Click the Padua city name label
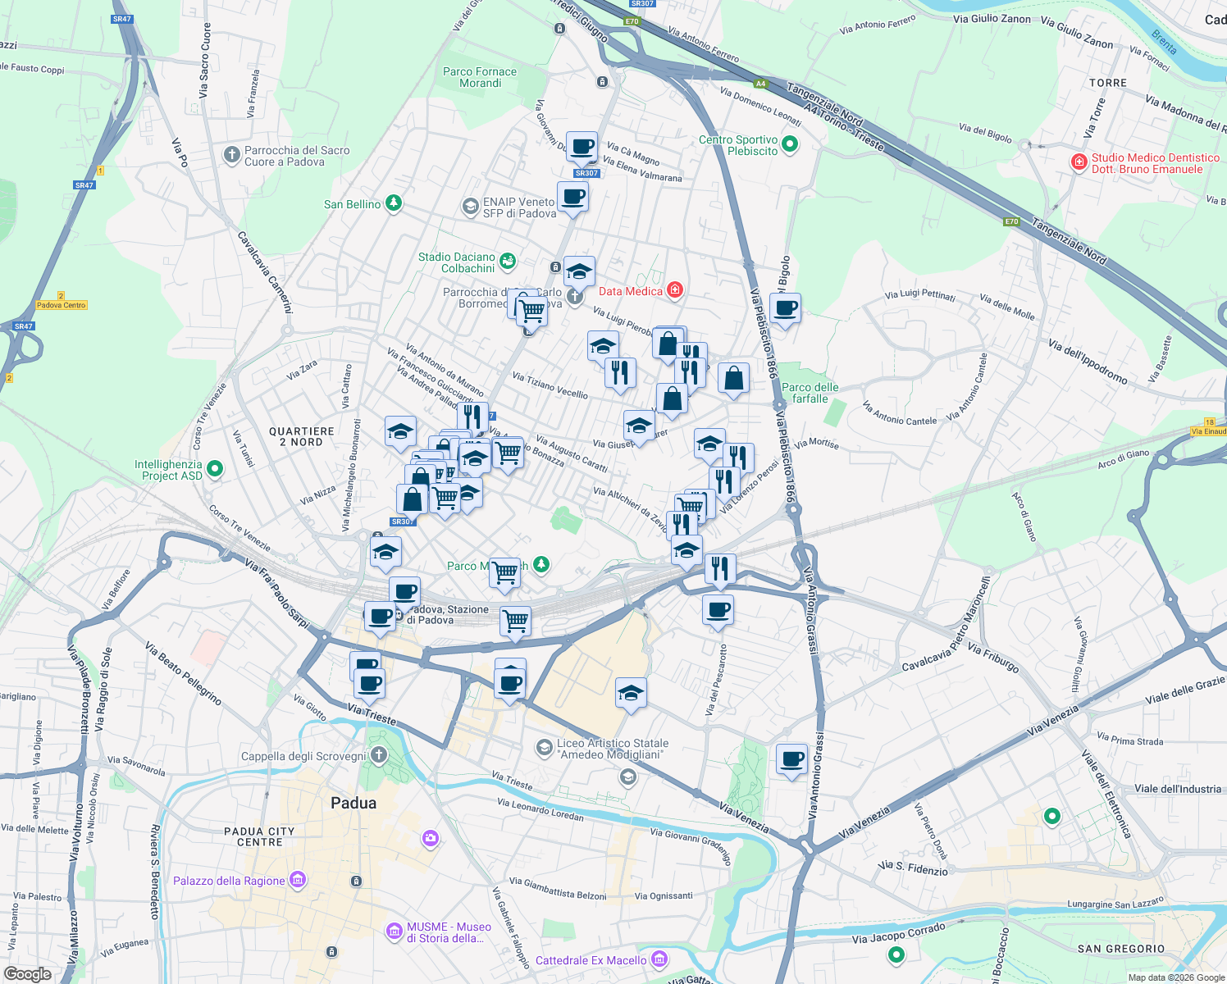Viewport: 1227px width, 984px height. click(354, 803)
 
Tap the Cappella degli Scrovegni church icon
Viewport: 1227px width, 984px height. click(378, 755)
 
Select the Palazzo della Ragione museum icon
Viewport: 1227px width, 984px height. click(298, 881)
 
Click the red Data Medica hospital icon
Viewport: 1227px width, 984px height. click(675, 290)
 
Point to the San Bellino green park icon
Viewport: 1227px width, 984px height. click(394, 203)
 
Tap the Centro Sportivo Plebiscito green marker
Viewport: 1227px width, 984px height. click(790, 145)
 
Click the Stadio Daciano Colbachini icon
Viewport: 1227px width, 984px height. click(508, 262)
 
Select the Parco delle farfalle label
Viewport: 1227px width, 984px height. click(810, 393)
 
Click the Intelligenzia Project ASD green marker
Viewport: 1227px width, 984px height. click(215, 469)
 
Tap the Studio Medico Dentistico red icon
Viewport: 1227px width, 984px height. click(1079, 162)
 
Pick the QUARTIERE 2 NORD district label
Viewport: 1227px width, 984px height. click(302, 436)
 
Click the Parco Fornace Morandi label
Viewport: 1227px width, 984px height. click(480, 77)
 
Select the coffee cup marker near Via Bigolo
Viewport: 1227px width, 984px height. click(785, 309)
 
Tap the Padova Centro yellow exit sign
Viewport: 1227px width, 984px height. click(62, 305)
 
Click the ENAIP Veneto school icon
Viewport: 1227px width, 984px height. click(470, 206)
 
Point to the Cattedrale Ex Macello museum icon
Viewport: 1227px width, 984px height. click(659, 959)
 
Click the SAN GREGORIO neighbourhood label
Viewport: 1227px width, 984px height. click(1120, 949)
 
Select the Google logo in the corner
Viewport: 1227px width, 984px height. click(27, 973)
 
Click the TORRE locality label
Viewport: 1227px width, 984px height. click(1107, 83)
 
